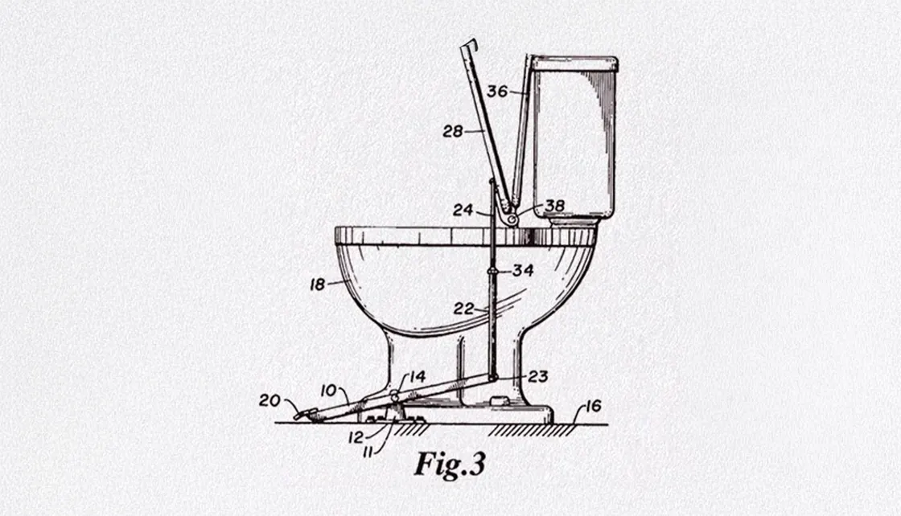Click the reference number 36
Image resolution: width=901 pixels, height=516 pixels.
coord(498,92)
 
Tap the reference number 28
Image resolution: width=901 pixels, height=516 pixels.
coord(453,132)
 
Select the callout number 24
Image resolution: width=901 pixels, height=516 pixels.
coord(463,210)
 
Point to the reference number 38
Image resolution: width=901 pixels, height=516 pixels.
coord(554,205)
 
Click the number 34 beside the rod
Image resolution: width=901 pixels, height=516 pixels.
coord(523,270)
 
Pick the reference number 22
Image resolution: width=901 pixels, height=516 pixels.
coord(463,309)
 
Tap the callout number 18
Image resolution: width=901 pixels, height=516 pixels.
coord(318,284)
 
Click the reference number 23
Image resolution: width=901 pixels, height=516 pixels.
coord(538,376)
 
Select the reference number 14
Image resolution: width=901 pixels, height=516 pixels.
coord(418,376)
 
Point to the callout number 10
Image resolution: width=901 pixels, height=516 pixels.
coord(328,391)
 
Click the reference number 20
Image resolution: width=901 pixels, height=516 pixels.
coord(269,400)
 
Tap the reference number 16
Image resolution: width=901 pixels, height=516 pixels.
coord(593,407)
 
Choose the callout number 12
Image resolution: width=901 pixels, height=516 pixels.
coord(356,437)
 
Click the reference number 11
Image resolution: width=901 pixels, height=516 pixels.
coord(368,453)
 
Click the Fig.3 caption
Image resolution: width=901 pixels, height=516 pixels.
coord(450,464)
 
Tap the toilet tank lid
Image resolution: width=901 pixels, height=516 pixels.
coord(574,63)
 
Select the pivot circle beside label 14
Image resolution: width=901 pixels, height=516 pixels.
coord(395,395)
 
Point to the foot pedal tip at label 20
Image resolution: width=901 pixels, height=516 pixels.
coord(298,416)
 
